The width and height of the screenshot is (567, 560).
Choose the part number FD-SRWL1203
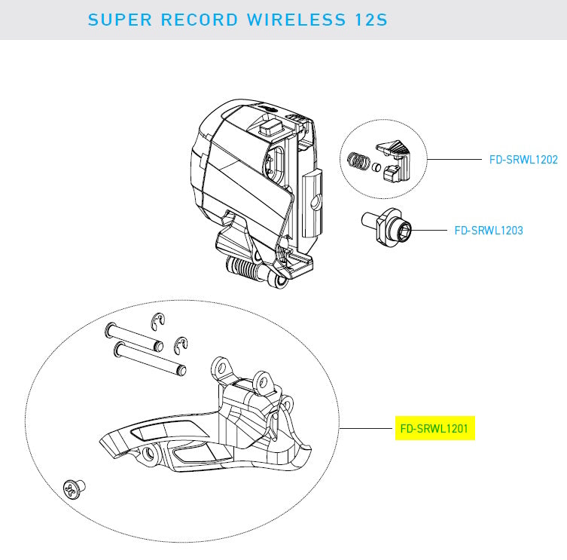click(488, 230)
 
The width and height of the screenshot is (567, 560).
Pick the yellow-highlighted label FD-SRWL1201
click(435, 429)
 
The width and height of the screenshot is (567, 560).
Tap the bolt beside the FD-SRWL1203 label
click(392, 226)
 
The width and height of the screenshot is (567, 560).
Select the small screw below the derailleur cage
click(74, 489)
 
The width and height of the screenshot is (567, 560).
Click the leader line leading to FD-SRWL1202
click(456, 160)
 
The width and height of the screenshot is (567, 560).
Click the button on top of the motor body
click(271, 126)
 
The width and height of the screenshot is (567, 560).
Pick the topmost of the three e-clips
click(158, 320)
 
